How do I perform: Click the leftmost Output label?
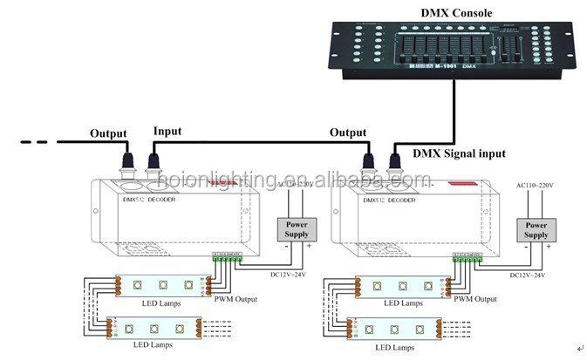(109, 134)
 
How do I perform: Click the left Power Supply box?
(297, 228)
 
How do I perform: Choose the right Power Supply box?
(536, 229)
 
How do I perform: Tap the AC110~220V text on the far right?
(536, 187)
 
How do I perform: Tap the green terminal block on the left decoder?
(225, 256)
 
